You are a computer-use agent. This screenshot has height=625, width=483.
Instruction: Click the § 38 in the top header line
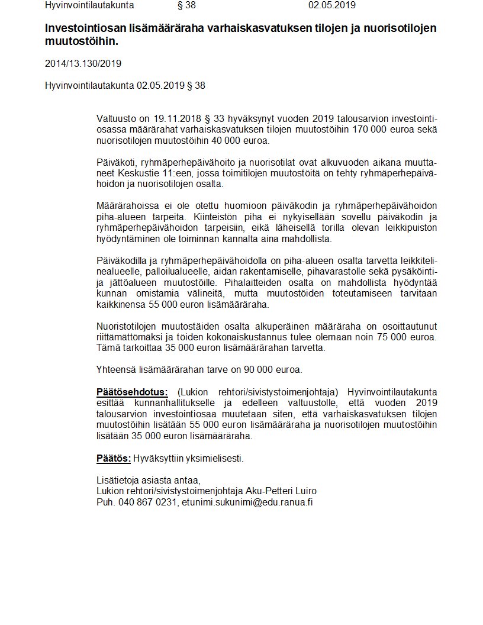click(x=186, y=5)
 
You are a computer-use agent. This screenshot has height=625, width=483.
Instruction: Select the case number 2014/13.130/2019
click(x=83, y=63)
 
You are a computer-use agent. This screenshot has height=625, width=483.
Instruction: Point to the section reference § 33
click(x=212, y=119)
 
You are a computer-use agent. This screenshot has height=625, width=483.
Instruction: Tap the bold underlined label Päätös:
click(x=114, y=458)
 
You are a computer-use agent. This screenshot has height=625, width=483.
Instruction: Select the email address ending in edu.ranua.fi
click(x=247, y=502)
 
